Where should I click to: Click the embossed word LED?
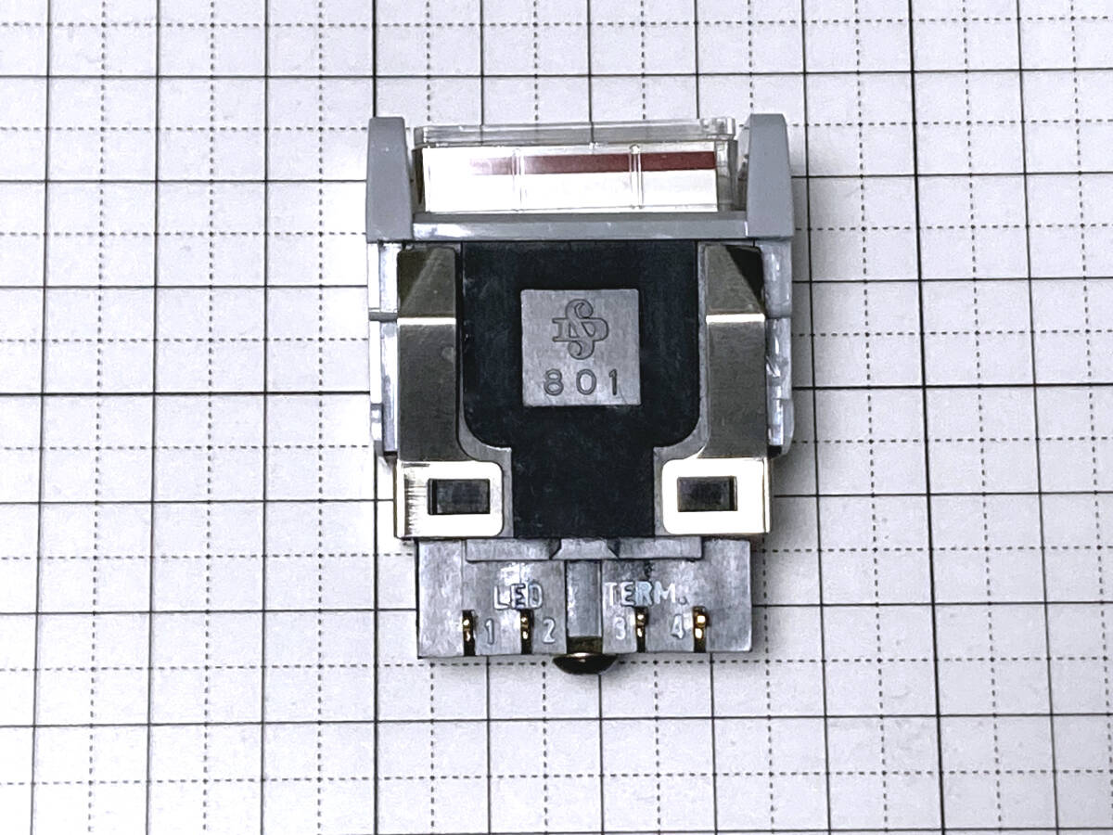click(x=518, y=597)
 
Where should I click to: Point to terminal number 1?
click(x=490, y=632)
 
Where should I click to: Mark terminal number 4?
click(x=677, y=629)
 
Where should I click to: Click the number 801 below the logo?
click(x=582, y=383)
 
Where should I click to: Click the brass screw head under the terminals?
click(x=585, y=663)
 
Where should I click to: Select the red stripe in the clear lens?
click(x=593, y=161)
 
